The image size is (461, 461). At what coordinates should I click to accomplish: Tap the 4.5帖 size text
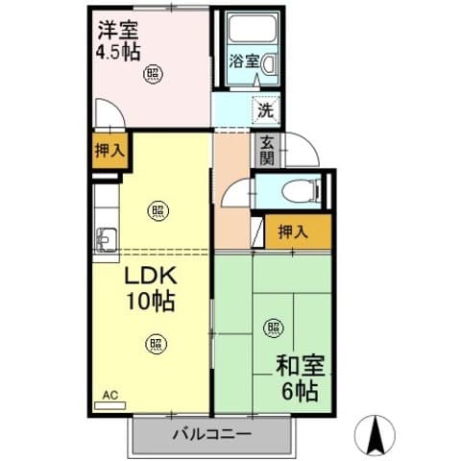118,51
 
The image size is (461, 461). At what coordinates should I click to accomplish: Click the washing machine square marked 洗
264,109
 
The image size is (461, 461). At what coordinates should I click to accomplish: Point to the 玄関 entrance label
265,150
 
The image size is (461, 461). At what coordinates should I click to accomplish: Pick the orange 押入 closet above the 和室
294,231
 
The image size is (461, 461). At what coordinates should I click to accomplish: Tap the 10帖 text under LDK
151,302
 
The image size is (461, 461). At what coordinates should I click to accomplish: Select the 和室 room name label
300,366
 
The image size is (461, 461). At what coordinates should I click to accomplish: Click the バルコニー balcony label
212,434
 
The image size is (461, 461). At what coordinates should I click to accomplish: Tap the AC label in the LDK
109,394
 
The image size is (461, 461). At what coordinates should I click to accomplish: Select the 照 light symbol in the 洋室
154,73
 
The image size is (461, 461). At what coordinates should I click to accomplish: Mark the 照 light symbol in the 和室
275,328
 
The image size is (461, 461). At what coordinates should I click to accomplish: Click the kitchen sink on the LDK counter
106,236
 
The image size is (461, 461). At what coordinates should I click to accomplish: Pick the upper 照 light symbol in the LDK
157,212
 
